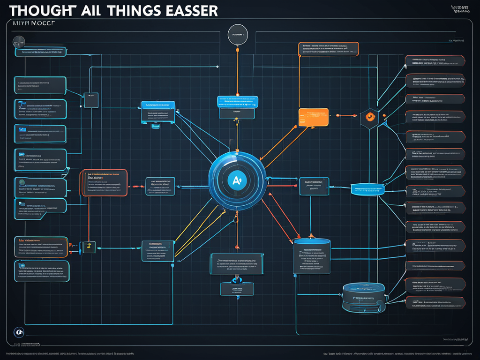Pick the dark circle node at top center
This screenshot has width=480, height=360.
(x=237, y=35)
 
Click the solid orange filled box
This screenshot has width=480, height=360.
(x=314, y=117)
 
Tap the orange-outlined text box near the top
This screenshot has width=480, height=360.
(x=328, y=49)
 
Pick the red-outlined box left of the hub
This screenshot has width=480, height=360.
(x=104, y=182)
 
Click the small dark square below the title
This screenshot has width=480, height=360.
(x=90, y=100)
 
